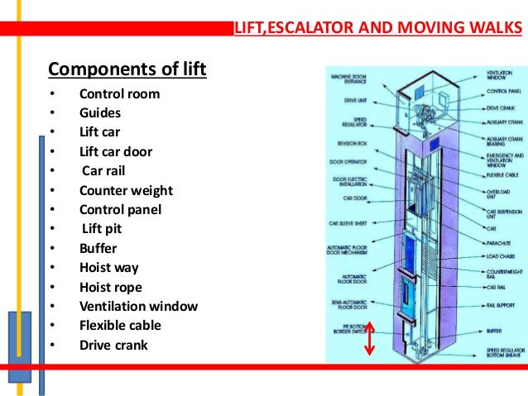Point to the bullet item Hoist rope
point(110,287)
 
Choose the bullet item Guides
point(99,113)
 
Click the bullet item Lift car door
point(116,152)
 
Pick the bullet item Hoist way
point(108,268)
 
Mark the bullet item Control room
point(119,93)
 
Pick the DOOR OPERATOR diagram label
point(351,161)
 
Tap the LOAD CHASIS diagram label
point(502,256)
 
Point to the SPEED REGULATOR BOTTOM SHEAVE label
point(505,354)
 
